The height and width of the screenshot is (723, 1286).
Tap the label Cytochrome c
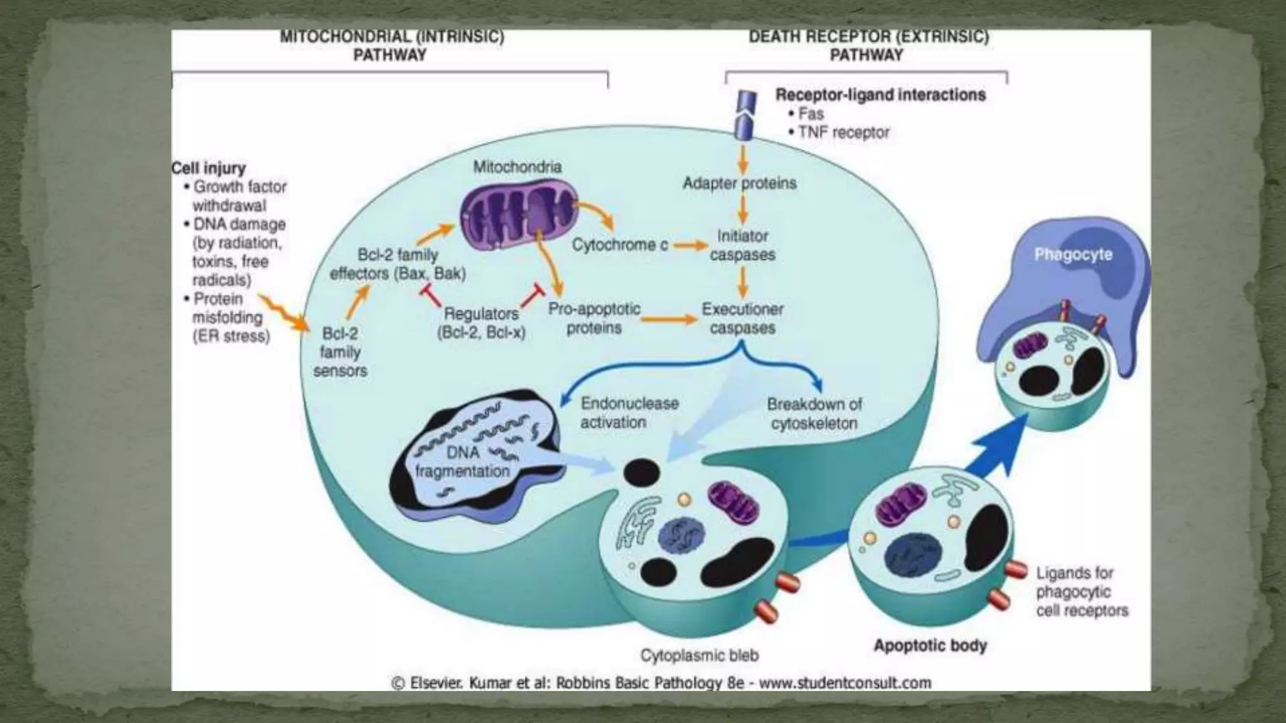(x=619, y=245)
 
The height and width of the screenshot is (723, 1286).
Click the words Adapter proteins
(x=739, y=183)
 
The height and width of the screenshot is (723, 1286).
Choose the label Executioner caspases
(x=742, y=318)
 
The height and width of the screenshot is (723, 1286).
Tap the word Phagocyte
(x=1073, y=254)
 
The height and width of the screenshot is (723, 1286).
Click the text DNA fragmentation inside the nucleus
(x=463, y=462)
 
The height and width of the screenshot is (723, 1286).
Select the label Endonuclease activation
(x=629, y=412)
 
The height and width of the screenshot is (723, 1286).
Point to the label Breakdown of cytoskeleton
(x=814, y=414)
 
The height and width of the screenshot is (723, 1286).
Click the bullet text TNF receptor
(x=843, y=133)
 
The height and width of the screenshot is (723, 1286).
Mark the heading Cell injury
(x=208, y=168)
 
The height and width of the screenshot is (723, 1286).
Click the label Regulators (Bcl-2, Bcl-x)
(x=481, y=323)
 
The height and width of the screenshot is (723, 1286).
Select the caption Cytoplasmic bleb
(x=699, y=655)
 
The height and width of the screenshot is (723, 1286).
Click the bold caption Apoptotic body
(x=930, y=645)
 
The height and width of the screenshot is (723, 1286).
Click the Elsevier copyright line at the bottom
(x=661, y=683)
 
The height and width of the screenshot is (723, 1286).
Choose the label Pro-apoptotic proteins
(x=594, y=318)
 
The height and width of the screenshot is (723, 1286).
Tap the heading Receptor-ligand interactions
(x=880, y=95)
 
